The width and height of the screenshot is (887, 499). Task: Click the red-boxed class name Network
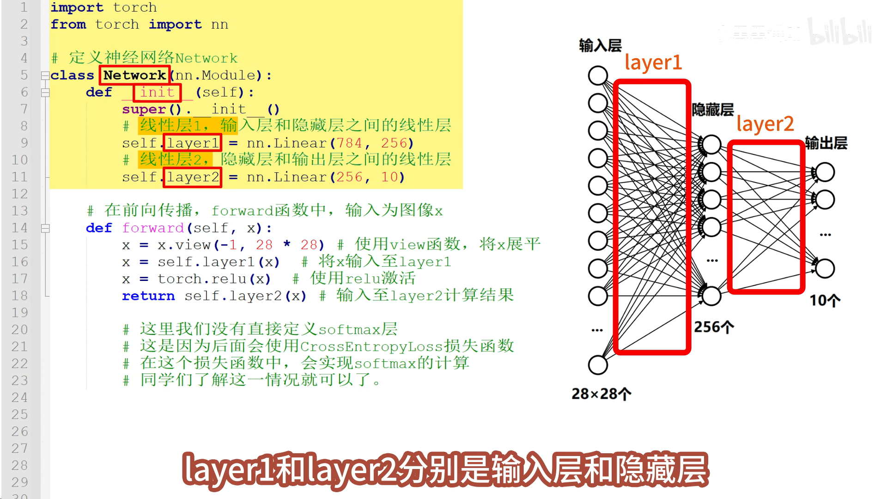134,75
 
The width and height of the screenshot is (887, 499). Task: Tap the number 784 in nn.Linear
349,143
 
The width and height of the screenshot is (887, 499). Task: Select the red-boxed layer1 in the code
192,143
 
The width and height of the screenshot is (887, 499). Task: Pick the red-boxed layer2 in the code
192,177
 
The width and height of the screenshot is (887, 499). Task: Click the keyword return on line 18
148,296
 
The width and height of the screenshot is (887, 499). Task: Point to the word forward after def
153,228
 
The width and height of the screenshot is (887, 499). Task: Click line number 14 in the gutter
19,228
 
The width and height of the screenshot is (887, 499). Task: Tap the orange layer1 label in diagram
653,62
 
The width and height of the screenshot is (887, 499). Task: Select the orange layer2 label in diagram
765,124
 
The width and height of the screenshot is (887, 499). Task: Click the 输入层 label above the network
600,45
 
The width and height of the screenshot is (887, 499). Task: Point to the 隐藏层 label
712,110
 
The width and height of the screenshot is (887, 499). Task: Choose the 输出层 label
826,143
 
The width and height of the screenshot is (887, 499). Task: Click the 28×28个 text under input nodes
601,394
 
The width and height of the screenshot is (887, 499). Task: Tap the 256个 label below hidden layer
714,327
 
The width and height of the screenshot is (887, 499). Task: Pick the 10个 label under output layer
825,301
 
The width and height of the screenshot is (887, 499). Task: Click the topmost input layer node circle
598,76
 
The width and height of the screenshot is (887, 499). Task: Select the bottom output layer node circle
825,268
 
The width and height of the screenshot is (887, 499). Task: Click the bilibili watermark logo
840,32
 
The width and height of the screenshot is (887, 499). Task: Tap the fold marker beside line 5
45,76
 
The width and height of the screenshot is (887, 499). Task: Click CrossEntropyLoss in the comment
371,347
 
